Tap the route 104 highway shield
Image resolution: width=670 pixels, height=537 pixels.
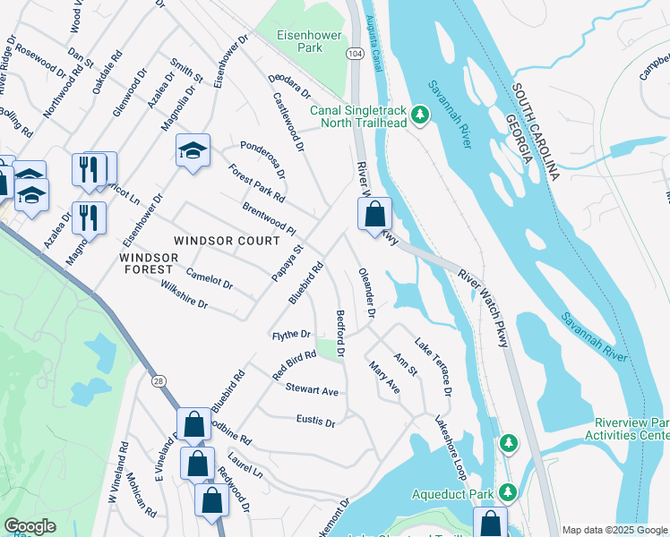355,54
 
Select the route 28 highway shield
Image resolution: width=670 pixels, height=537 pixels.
158,380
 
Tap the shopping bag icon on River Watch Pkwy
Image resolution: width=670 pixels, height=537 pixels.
375,215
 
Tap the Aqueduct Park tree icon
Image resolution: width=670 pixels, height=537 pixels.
508,493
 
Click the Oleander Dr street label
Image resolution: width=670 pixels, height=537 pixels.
365,293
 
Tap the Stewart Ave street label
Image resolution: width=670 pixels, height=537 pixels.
312,391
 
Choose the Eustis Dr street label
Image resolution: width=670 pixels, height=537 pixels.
315,421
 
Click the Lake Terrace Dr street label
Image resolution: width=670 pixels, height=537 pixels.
434,368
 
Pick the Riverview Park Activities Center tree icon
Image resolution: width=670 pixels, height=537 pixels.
509,443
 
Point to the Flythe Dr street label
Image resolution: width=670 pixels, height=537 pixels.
291,335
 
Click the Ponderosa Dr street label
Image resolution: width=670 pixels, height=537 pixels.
262,158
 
